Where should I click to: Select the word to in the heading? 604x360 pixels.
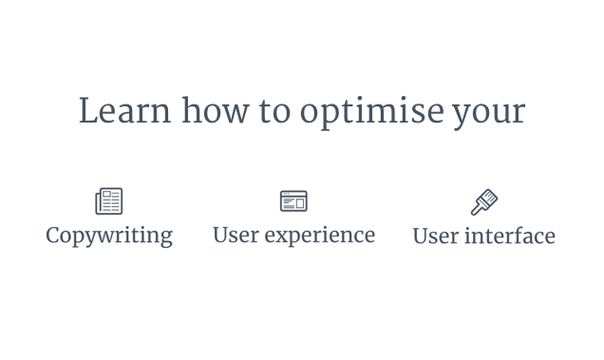click(276, 112)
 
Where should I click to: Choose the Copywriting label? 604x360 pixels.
click(109, 236)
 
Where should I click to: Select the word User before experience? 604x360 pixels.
click(235, 235)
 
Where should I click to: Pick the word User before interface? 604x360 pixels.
click(434, 236)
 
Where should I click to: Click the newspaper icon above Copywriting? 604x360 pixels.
click(109, 201)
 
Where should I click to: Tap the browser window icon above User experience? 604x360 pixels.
click(293, 201)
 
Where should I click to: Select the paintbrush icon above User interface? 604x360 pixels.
click(484, 201)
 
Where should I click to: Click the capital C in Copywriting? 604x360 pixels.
click(53, 235)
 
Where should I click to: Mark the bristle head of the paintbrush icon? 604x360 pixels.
click(490, 196)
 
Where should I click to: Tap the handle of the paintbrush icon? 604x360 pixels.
click(478, 208)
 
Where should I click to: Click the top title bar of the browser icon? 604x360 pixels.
click(293, 194)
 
